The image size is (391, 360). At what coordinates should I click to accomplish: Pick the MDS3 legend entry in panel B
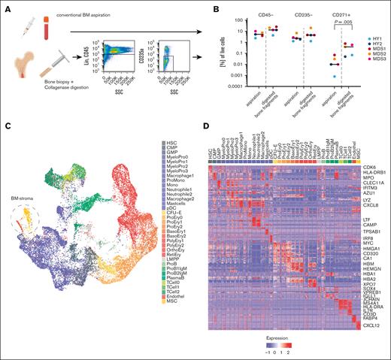point(372,71)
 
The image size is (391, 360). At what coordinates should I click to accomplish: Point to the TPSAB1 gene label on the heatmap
point(374,232)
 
